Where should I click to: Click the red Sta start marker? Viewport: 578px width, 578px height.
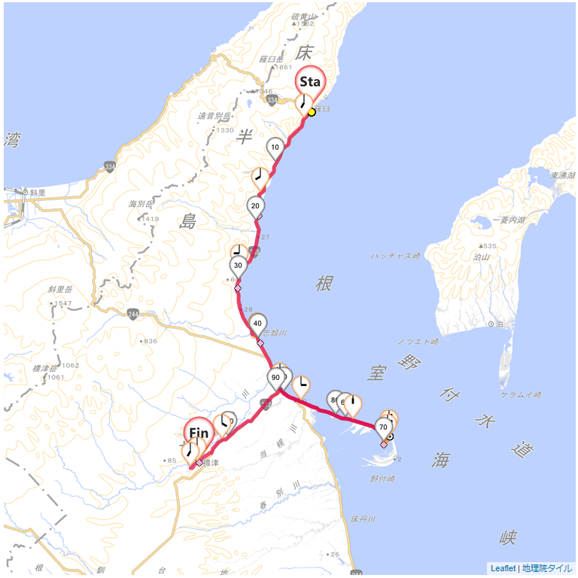(310, 81)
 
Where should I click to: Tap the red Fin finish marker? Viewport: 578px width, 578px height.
(199, 433)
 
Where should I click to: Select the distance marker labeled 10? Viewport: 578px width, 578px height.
(275, 148)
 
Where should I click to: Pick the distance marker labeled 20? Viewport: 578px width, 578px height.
(256, 206)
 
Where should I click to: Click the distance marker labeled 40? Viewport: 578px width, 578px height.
(258, 324)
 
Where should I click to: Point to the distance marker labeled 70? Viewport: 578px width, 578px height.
(383, 427)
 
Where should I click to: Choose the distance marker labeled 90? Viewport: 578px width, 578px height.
(276, 378)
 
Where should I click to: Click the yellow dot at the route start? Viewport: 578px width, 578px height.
(312, 112)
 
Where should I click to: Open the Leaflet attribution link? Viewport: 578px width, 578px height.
(503, 568)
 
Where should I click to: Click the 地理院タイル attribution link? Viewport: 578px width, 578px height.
(547, 568)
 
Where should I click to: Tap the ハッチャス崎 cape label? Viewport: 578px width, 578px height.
(395, 256)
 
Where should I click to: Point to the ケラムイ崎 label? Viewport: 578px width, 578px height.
(521, 394)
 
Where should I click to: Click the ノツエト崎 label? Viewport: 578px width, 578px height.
(418, 342)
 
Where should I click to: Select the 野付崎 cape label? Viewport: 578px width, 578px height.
(383, 478)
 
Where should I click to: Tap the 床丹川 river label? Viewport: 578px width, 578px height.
(362, 519)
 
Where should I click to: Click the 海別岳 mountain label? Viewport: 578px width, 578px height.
(141, 204)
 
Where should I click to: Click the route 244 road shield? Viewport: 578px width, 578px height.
(133, 314)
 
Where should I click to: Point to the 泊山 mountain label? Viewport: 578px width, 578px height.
(481, 257)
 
